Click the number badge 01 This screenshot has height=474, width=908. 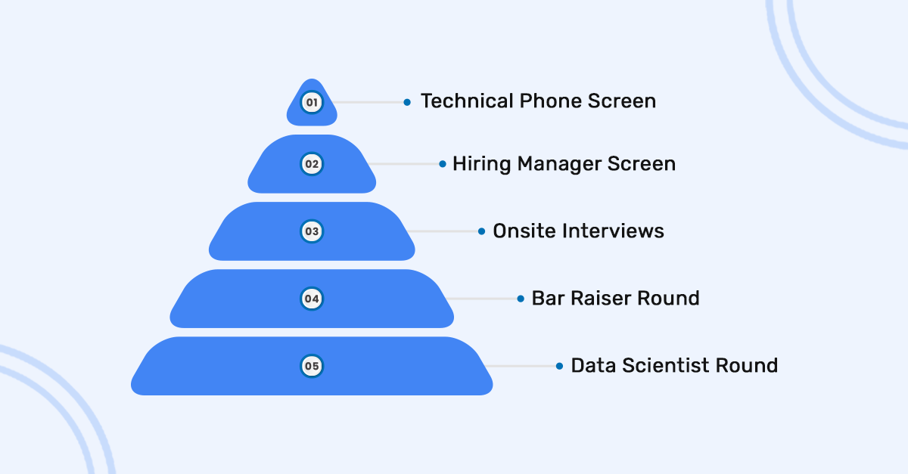[312, 102]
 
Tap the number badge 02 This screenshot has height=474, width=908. [312, 163]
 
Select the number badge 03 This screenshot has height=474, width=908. [312, 231]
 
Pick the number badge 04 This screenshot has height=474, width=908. [312, 299]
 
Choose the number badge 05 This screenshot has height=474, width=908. [312, 367]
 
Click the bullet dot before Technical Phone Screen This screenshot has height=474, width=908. [407, 101]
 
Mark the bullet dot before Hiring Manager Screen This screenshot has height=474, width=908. [443, 163]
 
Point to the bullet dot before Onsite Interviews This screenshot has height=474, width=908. [481, 231]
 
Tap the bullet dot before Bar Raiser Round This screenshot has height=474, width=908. [521, 299]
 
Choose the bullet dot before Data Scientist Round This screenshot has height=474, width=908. [559, 366]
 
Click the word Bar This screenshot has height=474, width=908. [545, 298]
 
